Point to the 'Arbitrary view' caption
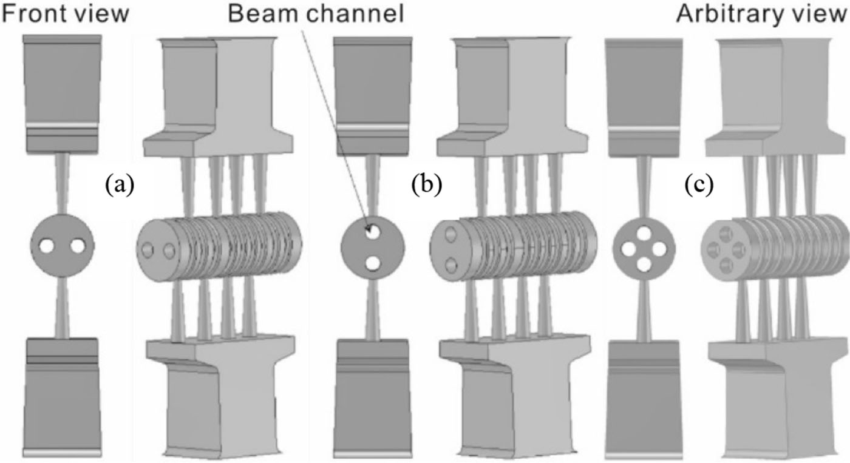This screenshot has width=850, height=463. [763, 13]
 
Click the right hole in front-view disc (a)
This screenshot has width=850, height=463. [78, 246]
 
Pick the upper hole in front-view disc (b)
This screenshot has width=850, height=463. [373, 231]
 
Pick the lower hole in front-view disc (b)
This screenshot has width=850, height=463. [373, 263]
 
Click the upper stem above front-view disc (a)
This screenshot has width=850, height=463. [63, 182]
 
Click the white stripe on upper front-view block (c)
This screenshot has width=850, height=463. [644, 129]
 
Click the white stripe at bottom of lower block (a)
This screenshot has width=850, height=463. [61, 453]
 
